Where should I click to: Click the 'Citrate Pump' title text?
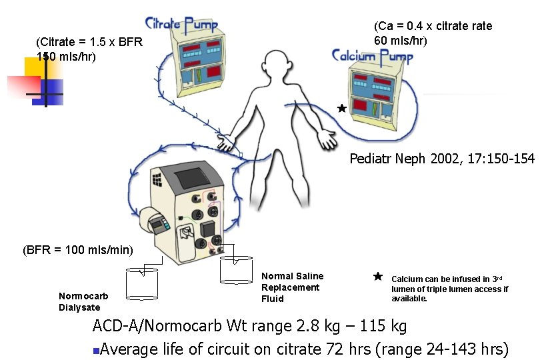point(181,25)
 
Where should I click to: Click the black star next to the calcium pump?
point(342,108)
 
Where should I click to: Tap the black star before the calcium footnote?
point(377,276)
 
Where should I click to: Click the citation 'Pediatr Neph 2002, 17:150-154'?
point(442,159)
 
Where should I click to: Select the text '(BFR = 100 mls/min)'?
point(78,251)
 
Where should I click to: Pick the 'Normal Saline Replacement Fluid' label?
point(292,287)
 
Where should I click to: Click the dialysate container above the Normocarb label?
point(142,283)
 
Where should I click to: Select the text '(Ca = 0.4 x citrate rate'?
point(433,26)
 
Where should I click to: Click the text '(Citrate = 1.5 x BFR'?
point(89,43)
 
